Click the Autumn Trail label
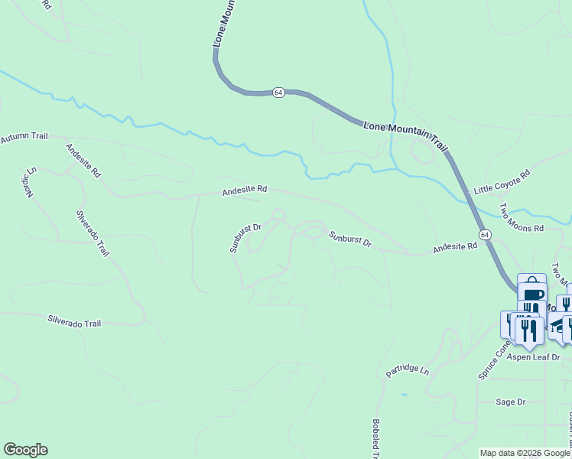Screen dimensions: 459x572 pyautogui.click(x=24, y=137)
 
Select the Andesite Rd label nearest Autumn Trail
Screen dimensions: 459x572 pyautogui.click(x=83, y=161)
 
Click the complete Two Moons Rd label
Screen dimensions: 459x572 pyautogui.click(x=521, y=218)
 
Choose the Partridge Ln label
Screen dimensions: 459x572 pyautogui.click(x=408, y=369)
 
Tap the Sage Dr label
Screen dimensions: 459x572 pyautogui.click(x=510, y=402)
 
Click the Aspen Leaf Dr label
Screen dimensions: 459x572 pyautogui.click(x=536, y=357)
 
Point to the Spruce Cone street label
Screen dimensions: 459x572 pyautogui.click(x=493, y=360)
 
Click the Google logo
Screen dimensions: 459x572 pyautogui.click(x=25, y=450)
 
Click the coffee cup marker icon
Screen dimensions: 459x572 pyautogui.click(x=534, y=295)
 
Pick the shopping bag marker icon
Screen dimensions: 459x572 pyautogui.click(x=531, y=282)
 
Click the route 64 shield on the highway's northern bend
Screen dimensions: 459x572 pyautogui.click(x=278, y=92)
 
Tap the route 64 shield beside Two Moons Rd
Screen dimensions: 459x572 pyautogui.click(x=485, y=233)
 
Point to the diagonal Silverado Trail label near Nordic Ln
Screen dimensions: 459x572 pyautogui.click(x=93, y=234)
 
